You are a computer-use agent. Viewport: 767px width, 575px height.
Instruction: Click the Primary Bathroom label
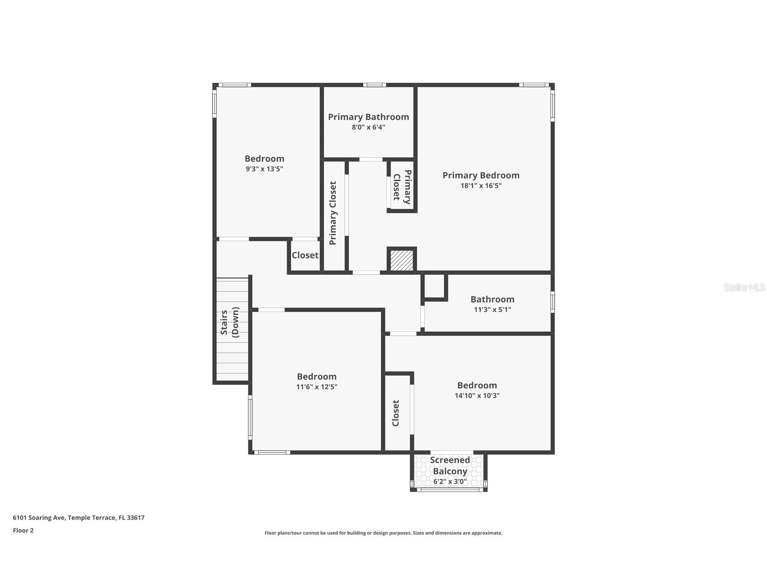click(x=368, y=117)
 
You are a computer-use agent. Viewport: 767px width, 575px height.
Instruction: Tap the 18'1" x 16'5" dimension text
click(x=481, y=186)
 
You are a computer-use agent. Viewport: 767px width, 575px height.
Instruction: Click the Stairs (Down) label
click(x=229, y=322)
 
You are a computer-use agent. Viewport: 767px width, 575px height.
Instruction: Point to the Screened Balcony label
click(x=450, y=466)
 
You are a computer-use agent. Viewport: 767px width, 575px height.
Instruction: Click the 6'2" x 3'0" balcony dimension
click(x=450, y=482)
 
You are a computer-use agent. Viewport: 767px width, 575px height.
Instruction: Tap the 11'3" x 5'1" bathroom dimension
click(x=492, y=310)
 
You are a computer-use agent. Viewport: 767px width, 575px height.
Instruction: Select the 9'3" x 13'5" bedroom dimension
click(x=264, y=169)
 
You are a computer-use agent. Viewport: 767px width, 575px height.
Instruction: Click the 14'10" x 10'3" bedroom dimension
click(x=477, y=396)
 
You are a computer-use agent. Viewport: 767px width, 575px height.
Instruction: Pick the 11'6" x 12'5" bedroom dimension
click(x=316, y=387)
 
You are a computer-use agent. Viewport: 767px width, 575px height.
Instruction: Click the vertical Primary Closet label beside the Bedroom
click(x=333, y=213)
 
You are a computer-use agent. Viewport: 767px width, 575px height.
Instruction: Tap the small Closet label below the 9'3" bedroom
click(x=305, y=255)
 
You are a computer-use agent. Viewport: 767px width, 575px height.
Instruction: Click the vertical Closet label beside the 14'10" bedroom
click(x=395, y=413)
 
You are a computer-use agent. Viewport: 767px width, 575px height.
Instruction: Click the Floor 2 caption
click(x=23, y=531)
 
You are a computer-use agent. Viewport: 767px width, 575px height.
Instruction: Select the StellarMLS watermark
click(x=744, y=287)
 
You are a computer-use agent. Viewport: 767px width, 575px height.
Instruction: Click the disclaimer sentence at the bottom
click(x=383, y=533)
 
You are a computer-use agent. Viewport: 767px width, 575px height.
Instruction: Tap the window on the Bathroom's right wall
click(x=552, y=302)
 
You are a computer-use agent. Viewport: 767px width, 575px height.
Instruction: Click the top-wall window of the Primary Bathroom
click(x=374, y=85)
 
